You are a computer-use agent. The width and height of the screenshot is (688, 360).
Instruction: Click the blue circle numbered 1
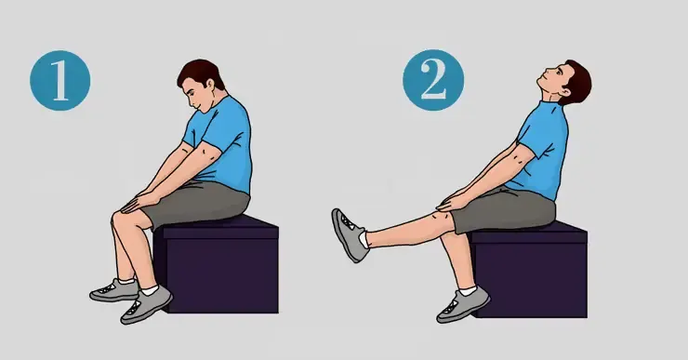[60, 80]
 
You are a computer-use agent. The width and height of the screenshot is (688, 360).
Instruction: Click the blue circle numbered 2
[433, 80]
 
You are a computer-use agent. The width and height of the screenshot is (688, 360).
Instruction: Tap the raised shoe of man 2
[349, 234]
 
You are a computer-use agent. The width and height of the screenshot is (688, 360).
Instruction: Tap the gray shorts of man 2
[505, 211]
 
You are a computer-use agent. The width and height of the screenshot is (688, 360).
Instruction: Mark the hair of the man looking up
[577, 81]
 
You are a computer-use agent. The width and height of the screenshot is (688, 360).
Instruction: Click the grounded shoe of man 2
[463, 305]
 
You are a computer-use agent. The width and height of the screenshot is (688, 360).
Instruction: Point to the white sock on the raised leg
[364, 240]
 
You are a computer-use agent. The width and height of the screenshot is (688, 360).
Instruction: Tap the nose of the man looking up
[545, 72]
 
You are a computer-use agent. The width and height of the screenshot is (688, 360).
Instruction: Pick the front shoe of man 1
[146, 305]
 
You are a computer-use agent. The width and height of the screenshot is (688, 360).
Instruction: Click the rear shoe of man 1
[115, 290]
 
